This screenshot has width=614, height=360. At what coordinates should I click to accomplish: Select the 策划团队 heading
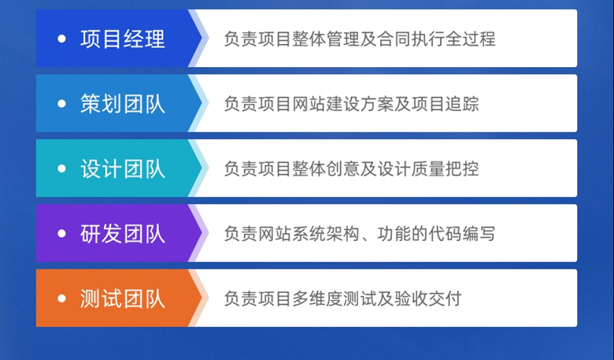point(123,104)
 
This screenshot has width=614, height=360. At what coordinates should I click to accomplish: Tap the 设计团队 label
point(123,169)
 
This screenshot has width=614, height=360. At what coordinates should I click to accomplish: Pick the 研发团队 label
point(123,234)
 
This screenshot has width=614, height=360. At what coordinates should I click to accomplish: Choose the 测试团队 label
point(123,299)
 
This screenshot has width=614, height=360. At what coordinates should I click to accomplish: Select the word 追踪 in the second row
point(461,104)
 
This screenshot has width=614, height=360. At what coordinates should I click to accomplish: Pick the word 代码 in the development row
point(444,234)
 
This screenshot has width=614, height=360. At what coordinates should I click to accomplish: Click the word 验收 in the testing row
point(409,299)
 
